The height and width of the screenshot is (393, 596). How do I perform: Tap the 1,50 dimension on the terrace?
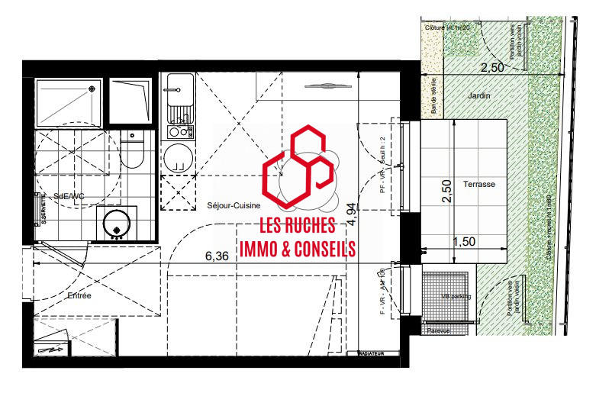[x=465, y=242]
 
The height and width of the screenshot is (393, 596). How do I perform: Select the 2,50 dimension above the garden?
[x=492, y=68]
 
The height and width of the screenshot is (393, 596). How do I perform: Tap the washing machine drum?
[x=116, y=223]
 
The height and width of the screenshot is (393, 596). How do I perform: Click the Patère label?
[x=438, y=330]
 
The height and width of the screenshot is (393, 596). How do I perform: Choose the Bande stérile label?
[x=434, y=98]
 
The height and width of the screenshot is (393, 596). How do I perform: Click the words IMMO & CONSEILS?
[x=298, y=249]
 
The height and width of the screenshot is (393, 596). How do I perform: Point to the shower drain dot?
[x=92, y=89]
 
